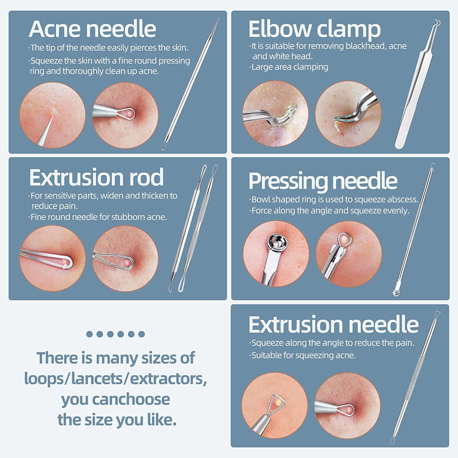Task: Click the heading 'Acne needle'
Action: [x=93, y=29]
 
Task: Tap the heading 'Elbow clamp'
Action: [x=314, y=29]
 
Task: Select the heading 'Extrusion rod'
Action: [x=96, y=177]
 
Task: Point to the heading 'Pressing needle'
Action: [x=323, y=181]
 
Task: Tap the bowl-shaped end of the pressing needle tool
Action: [x=396, y=293]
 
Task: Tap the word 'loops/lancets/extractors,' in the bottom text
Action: [x=116, y=379]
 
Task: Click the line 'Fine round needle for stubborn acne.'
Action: [x=98, y=217]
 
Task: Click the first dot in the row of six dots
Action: [x=89, y=334]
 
